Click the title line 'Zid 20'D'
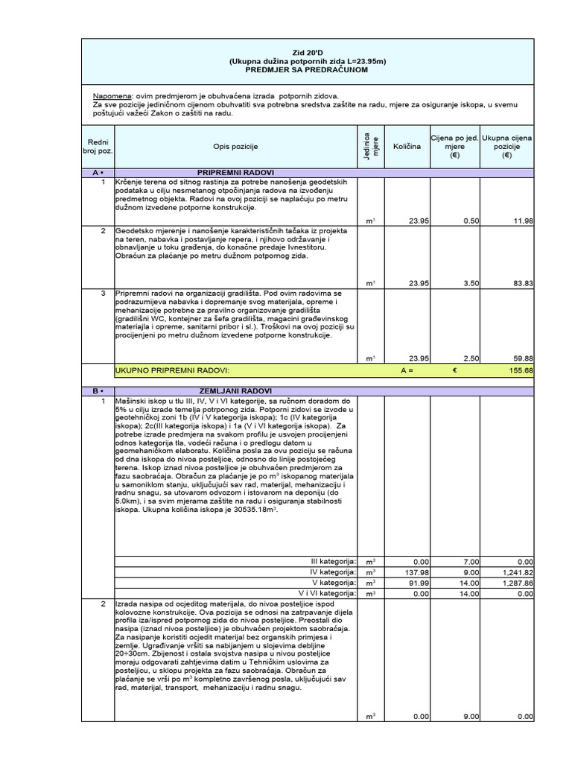[x=308, y=52]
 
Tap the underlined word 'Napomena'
[x=112, y=97]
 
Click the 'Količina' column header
[x=407, y=147]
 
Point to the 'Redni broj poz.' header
[x=98, y=147]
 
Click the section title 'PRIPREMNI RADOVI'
[x=236, y=172]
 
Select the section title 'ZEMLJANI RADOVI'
[x=236, y=391]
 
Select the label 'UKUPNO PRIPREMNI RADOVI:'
[x=172, y=370]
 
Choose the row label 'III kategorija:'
[x=333, y=561]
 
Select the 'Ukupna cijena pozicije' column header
[x=507, y=147]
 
